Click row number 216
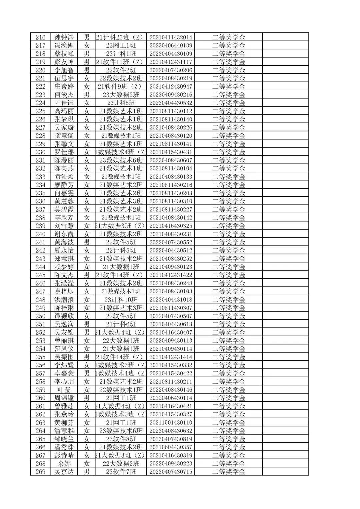[x=40, y=37]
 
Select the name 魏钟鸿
[x=64, y=37]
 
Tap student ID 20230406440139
[x=171, y=46]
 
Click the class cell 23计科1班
[x=121, y=54]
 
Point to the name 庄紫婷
[x=64, y=87]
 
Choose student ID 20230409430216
[x=171, y=95]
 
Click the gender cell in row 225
[x=87, y=111]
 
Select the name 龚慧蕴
[x=64, y=136]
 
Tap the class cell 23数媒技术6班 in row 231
[x=121, y=160]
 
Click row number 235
[x=40, y=193]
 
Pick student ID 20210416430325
[x=171, y=226]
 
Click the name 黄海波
[x=64, y=242]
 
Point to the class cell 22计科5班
[x=121, y=250]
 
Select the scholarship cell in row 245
[x=229, y=275]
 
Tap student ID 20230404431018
[x=171, y=300]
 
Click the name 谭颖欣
[x=64, y=316]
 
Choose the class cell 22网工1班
[x=121, y=398]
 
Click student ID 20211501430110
[x=171, y=423]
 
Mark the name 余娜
[x=64, y=464]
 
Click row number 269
[x=40, y=472]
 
